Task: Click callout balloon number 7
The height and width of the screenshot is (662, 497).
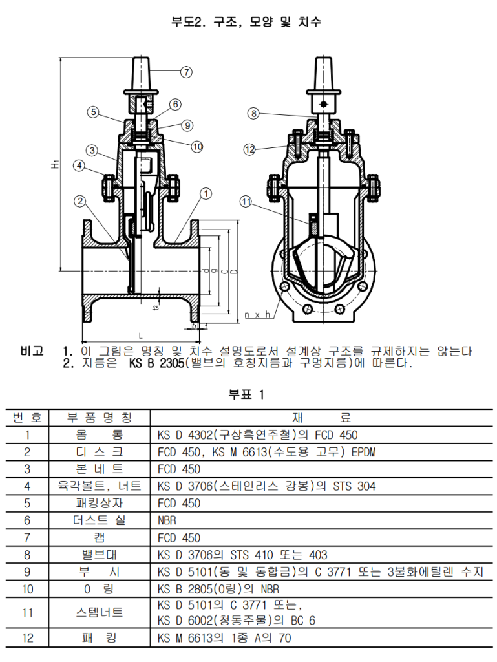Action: pos(186,72)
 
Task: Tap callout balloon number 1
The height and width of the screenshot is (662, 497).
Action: pos(206,192)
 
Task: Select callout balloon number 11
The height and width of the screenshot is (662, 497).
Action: pos(246,202)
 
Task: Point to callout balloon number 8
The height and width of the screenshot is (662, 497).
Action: pos(253,114)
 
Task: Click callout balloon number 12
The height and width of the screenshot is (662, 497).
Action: pos(250,149)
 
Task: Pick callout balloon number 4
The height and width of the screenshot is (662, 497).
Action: pos(79,166)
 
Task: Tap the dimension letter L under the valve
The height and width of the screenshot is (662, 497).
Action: pos(140,336)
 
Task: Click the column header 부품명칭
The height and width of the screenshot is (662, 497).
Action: pos(100,418)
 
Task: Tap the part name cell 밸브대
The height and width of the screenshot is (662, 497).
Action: pos(100,555)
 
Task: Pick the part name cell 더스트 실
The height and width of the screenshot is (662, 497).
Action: pos(100,520)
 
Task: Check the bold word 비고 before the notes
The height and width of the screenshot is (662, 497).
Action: pos(32,352)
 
